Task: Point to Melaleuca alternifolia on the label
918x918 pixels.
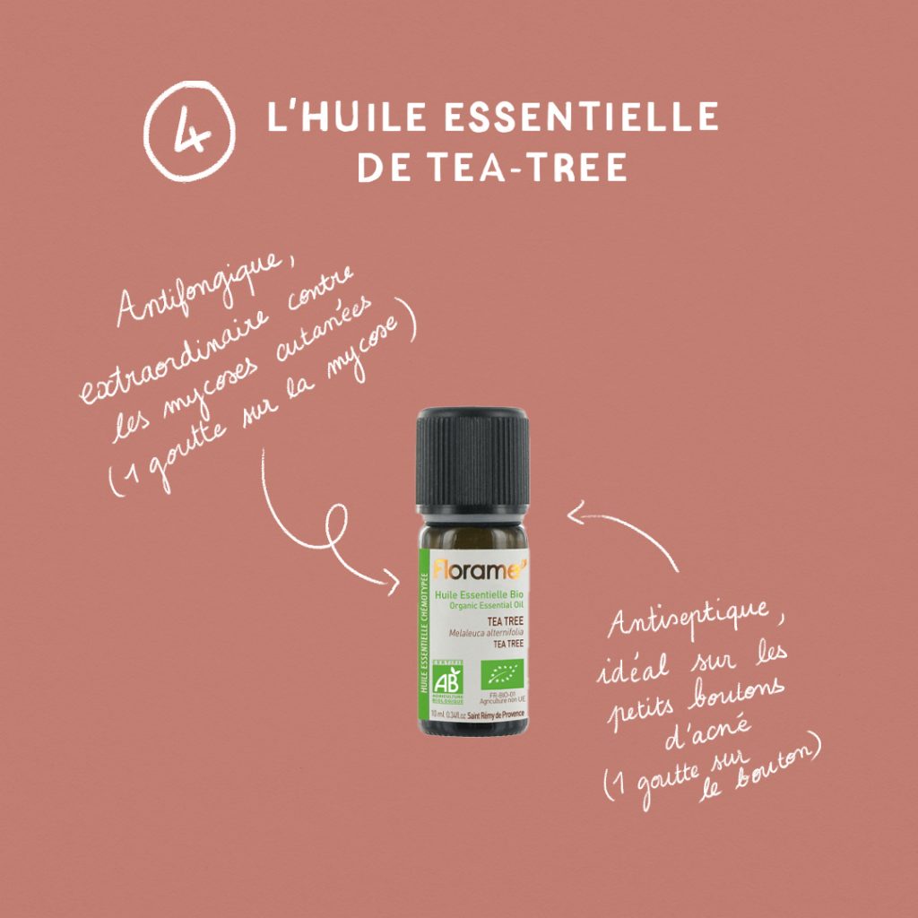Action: (x=489, y=634)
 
